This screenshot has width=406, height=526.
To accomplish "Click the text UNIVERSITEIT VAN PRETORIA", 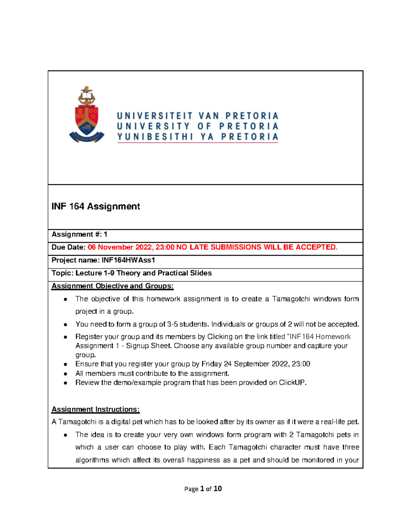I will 198,116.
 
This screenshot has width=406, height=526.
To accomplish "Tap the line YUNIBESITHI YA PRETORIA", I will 198,137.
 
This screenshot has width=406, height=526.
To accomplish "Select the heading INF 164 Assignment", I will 96,206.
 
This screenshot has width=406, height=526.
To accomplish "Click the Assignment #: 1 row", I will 80,234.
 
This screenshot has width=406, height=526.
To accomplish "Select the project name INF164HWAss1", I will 128,260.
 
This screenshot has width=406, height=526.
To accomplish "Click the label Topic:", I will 62,273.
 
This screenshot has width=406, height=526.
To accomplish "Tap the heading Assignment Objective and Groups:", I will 112,286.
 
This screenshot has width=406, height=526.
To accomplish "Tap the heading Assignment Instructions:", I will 95,409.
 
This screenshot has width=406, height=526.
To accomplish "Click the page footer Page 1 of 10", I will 203,489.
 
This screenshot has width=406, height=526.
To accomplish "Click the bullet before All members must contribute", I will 66,374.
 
